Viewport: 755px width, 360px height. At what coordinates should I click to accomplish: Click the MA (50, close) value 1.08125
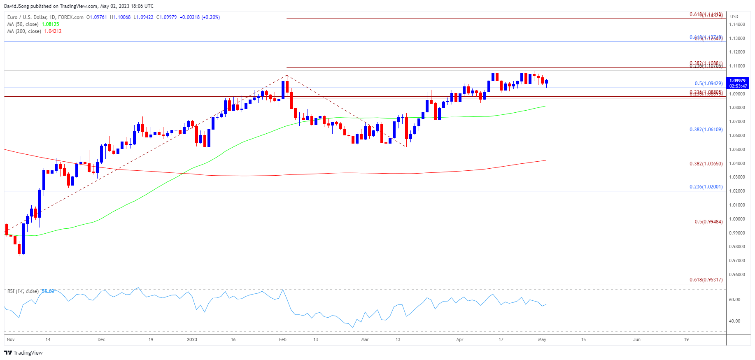tap(50, 24)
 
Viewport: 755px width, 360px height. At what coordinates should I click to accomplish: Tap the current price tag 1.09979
tap(737, 81)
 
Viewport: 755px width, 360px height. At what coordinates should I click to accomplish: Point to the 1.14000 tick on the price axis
tap(736, 24)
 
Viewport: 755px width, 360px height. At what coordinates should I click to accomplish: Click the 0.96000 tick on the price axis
tap(736, 274)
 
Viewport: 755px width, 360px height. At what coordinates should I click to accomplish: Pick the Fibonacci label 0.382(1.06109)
tap(706, 130)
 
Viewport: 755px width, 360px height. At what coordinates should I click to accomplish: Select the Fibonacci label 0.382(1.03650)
tap(706, 164)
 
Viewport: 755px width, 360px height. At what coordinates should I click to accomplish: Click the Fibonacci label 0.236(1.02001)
tap(706, 187)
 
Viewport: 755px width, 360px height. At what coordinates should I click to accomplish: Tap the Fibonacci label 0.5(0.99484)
tap(708, 222)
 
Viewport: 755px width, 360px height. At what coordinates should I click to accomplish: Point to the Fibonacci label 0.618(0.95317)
tap(706, 280)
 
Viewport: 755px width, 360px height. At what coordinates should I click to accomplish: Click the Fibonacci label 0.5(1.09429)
tap(708, 84)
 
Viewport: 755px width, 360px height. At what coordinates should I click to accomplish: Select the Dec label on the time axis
tap(101, 339)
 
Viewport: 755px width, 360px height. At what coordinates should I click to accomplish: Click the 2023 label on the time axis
tap(192, 339)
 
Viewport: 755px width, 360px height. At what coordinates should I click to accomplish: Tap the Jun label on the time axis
tap(637, 339)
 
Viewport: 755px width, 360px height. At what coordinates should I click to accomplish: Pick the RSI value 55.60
tap(48, 291)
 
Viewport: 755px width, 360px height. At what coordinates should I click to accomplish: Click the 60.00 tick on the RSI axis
tap(734, 300)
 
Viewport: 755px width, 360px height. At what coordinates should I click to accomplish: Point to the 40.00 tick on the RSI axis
tap(734, 321)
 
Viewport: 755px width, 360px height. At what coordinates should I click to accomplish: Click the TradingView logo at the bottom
tap(23, 353)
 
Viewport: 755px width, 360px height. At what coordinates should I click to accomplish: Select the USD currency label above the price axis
tap(734, 16)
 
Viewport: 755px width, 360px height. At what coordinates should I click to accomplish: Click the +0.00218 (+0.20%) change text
tap(200, 17)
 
